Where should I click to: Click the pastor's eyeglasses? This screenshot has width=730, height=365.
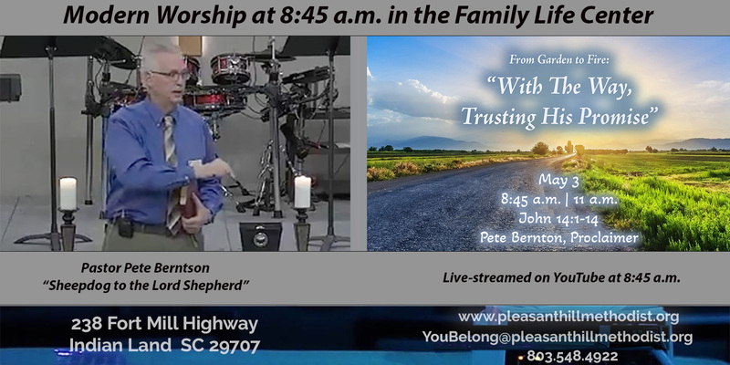coord(171,75)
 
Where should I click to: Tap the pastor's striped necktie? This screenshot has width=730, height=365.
coord(172,173)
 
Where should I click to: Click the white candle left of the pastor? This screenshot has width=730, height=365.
coord(68,193)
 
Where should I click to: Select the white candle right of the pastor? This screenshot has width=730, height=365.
coord(303,192)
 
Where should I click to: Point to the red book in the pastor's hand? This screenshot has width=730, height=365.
coord(189,204)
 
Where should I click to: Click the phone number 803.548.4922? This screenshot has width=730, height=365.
coord(572,356)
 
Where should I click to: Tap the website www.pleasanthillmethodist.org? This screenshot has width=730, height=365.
coord(568,317)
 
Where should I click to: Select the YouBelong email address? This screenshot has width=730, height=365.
coord(558,337)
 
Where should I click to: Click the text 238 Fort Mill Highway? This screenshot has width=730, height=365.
coord(164,324)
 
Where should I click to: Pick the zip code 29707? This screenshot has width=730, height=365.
coord(235,346)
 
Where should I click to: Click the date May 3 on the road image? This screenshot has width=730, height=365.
coord(558,180)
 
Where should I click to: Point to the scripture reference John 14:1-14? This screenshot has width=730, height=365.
coord(558,218)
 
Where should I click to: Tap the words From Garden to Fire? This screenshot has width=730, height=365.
coord(557,59)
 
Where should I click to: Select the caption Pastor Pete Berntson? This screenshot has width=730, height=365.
coord(145,267)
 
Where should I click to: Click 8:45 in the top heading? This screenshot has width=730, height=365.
coord(303,16)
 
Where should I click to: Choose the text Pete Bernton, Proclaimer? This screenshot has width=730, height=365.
coord(559,237)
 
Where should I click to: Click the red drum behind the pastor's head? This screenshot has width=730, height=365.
coord(230,68)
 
